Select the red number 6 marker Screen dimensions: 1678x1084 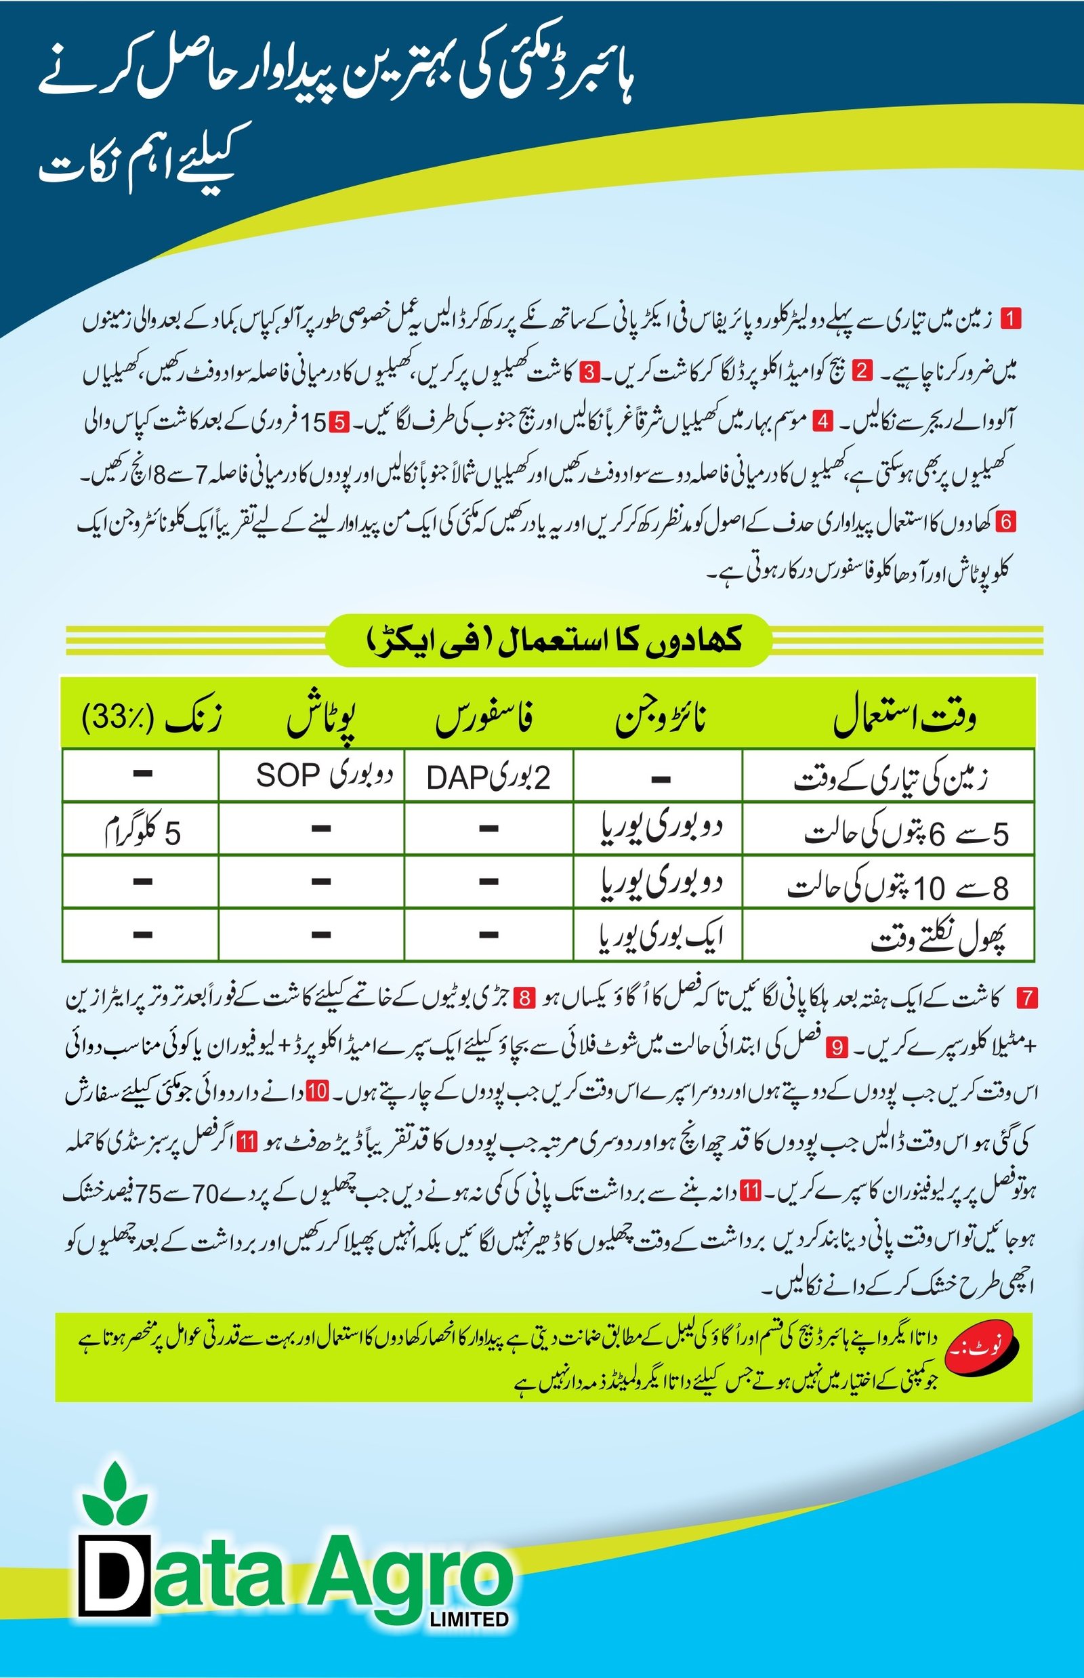[x=1007, y=522]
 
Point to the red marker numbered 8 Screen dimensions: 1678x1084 [x=526, y=998]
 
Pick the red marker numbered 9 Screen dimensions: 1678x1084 [x=837, y=1046]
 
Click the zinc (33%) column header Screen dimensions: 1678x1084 [x=151, y=719]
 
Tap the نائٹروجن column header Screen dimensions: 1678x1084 [x=661, y=719]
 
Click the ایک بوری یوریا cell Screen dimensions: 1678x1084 [x=660, y=935]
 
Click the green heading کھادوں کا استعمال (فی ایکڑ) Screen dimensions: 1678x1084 [x=548, y=640]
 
